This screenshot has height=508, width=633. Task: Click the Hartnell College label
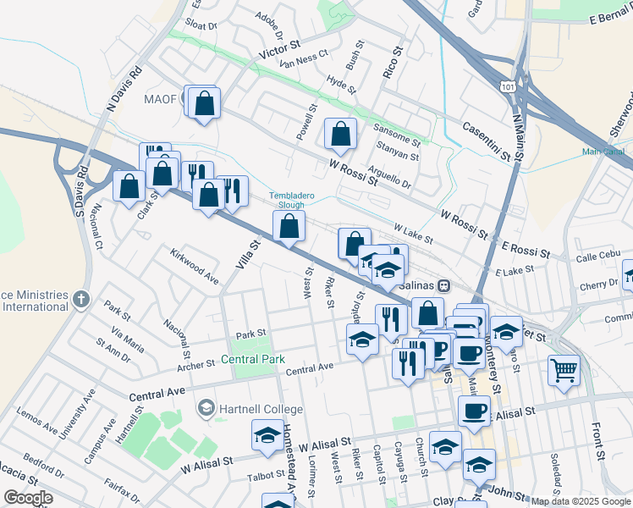(x=248, y=409)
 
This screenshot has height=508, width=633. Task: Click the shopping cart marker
(x=564, y=370)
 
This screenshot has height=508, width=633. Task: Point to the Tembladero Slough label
(x=292, y=200)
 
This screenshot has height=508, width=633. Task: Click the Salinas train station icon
(x=443, y=286)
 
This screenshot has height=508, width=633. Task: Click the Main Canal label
(x=603, y=152)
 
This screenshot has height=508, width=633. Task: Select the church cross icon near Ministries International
(x=80, y=298)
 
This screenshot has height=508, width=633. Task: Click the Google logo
(x=28, y=498)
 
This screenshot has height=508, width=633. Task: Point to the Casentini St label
(x=485, y=139)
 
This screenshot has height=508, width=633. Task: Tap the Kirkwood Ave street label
(x=194, y=265)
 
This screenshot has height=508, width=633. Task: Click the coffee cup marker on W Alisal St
(x=474, y=411)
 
